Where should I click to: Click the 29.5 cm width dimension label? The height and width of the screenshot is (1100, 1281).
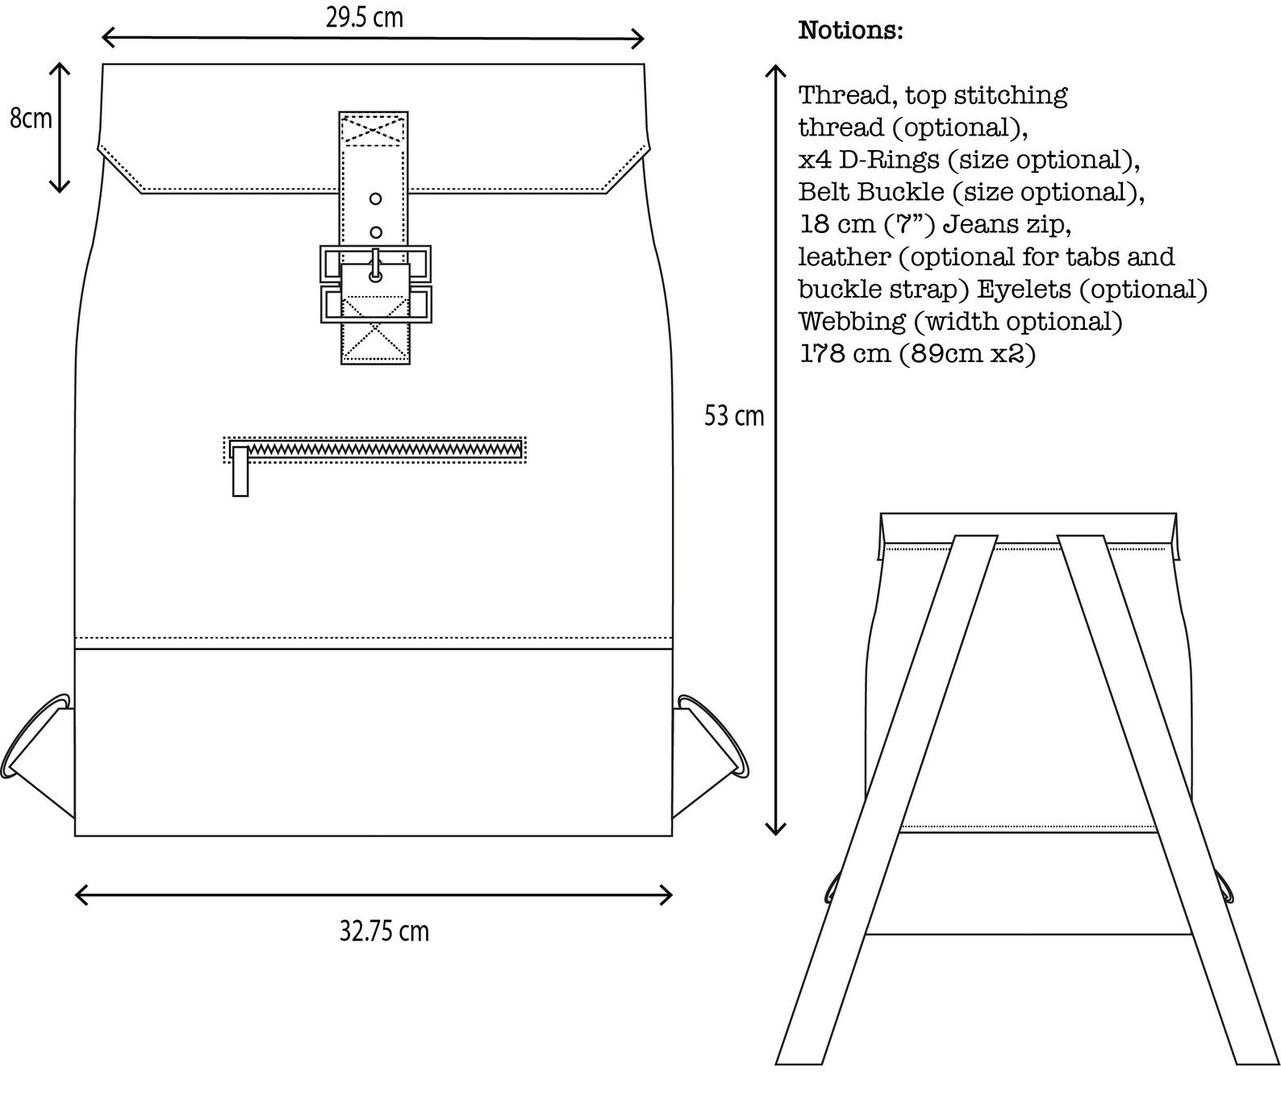364,18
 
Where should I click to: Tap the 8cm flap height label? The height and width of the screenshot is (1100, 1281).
31,118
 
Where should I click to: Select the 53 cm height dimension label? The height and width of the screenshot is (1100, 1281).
733,416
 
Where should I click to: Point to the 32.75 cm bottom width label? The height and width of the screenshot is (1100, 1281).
384,931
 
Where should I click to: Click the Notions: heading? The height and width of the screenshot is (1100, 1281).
850,31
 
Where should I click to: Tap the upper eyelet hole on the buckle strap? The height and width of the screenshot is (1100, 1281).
375,198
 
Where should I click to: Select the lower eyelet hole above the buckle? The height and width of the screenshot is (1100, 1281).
375,232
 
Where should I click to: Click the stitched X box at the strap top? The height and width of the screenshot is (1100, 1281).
373,131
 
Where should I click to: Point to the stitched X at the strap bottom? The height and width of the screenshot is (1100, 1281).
375,340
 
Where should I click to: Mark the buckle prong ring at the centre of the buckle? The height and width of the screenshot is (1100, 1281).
375,275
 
